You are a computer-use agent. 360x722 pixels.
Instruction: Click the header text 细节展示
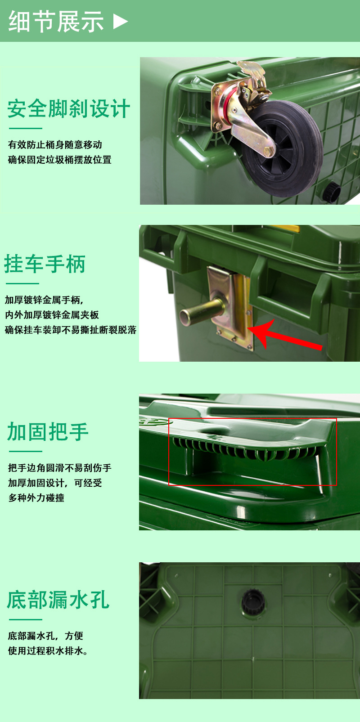pyautogui.click(x=56, y=21)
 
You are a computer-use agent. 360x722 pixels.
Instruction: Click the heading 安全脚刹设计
pyautogui.click(x=68, y=109)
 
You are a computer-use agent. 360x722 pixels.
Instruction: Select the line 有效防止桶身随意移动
pyautogui.click(x=55, y=145)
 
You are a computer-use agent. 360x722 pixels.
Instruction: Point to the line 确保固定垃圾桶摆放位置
pyautogui.click(x=59, y=160)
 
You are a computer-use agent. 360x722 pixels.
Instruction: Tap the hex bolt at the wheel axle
pyautogui.click(x=268, y=151)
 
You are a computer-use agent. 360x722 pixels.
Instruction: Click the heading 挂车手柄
pyautogui.click(x=45, y=264)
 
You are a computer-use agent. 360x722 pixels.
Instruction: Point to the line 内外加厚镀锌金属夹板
pyautogui.click(x=51, y=315)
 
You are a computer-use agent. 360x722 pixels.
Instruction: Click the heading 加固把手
pyautogui.click(x=48, y=432)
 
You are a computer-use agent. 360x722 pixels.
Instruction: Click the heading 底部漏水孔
pyautogui.click(x=58, y=600)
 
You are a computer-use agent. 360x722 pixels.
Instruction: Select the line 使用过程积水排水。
pyautogui.click(x=48, y=651)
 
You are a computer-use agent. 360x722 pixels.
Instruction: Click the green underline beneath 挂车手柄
pyautogui.click(x=22, y=283)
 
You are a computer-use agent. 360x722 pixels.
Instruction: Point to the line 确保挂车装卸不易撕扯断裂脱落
pyautogui.click(x=71, y=330)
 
